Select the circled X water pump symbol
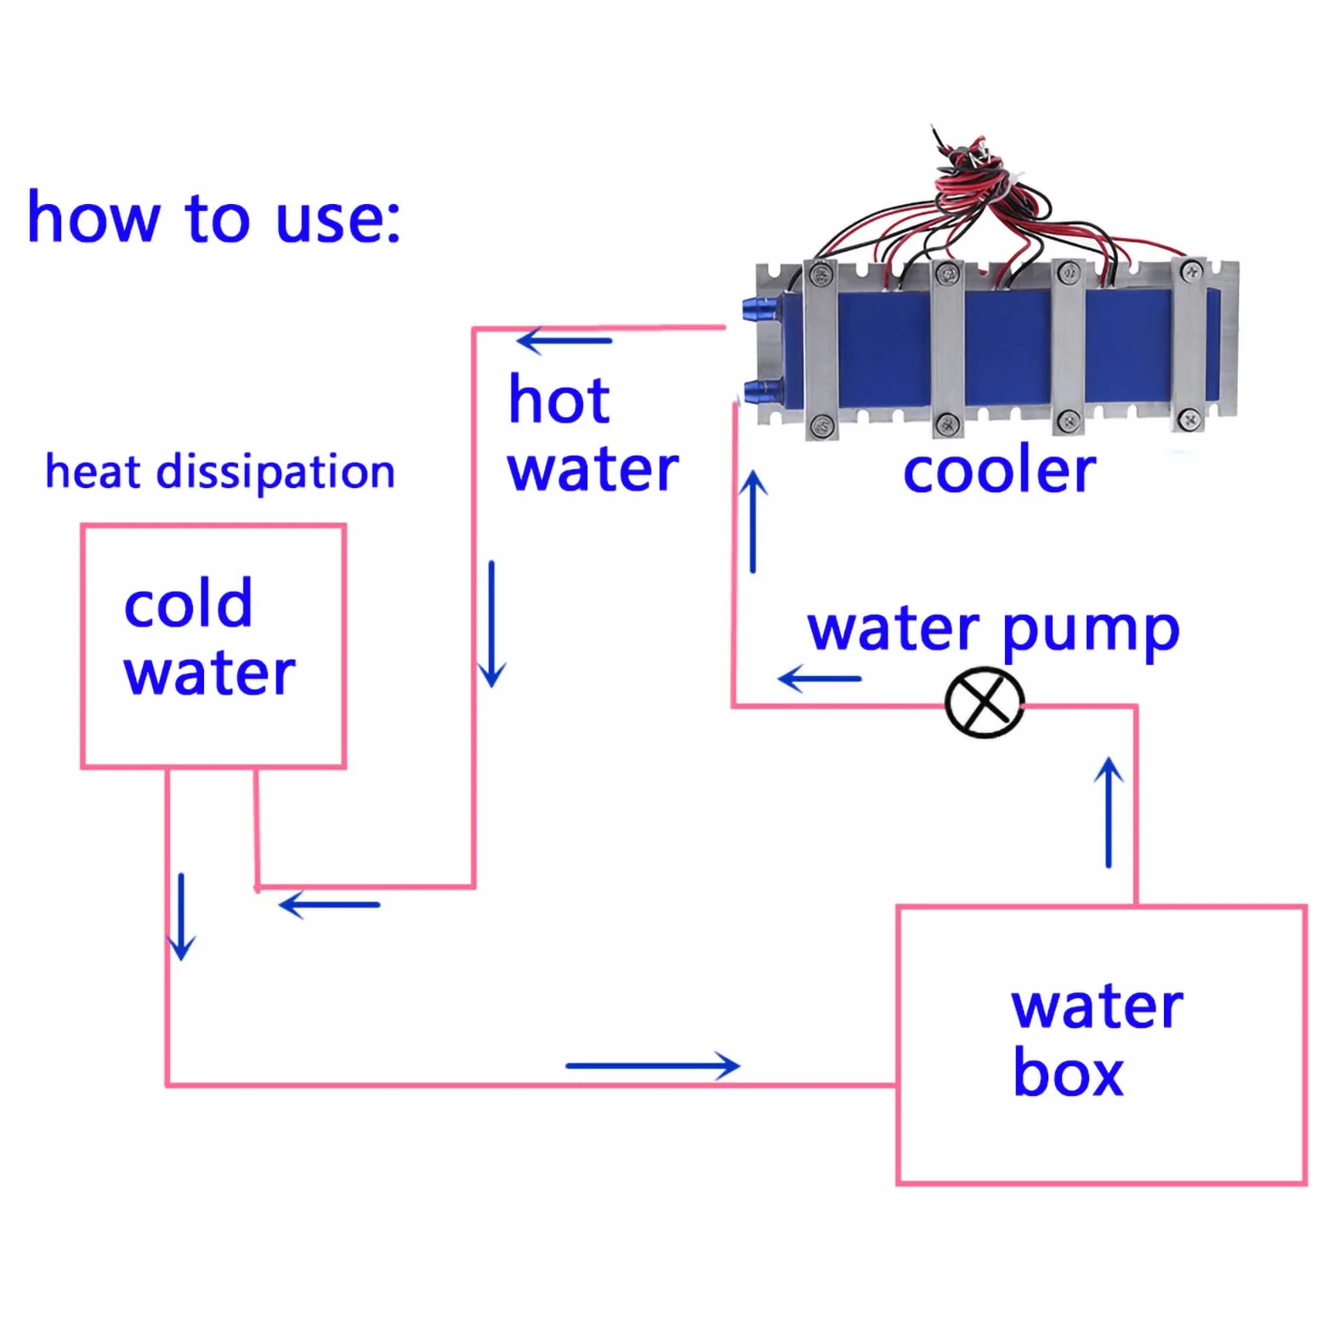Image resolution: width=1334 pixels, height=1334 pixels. tap(985, 702)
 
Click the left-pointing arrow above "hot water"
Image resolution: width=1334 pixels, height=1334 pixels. tap(564, 341)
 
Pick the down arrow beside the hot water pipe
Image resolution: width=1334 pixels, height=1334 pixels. tap(491, 624)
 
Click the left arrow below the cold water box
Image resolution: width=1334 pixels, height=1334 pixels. tap(329, 905)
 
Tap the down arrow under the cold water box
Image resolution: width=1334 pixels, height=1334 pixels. tap(181, 917)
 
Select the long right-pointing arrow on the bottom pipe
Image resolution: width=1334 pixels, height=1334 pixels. tap(653, 1065)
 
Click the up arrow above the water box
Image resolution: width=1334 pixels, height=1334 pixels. tap(1109, 813)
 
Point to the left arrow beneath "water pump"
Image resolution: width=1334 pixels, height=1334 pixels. tap(820, 678)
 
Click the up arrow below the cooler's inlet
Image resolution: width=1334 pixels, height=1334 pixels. tap(752, 521)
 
